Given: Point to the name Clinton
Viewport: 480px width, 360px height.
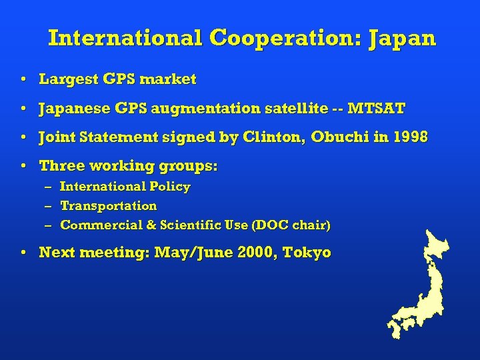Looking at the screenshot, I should (270, 138).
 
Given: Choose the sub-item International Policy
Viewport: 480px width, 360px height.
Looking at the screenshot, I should (125, 187).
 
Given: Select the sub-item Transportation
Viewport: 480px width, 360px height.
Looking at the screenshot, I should (109, 206).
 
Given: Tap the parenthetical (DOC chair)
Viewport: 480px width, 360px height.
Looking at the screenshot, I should (291, 225).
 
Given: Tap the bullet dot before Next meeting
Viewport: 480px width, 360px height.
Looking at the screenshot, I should (23, 253).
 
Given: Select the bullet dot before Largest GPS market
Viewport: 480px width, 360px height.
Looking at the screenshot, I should (23, 80).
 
